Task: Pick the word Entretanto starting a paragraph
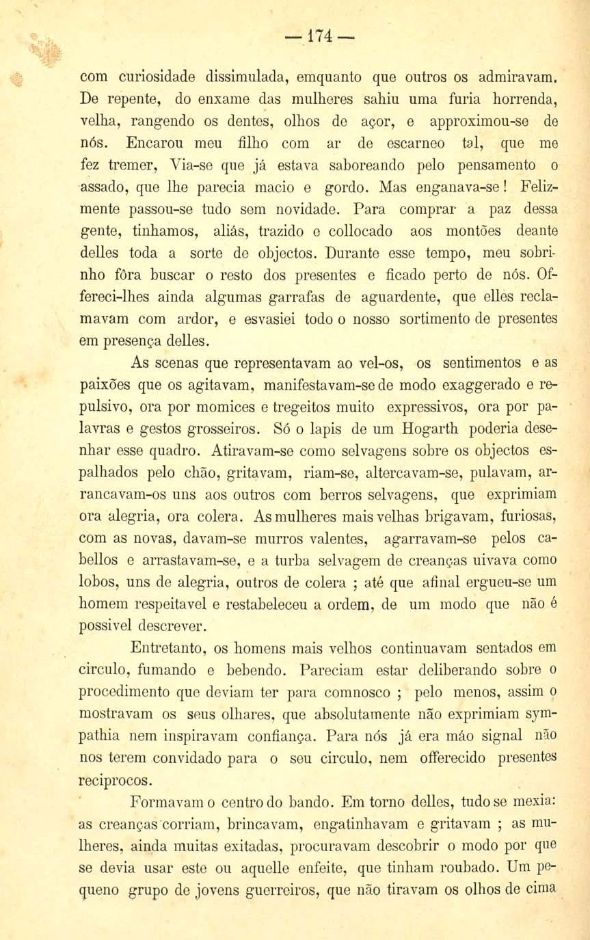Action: tap(166, 647)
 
